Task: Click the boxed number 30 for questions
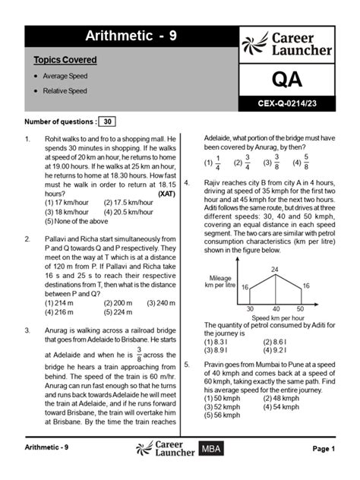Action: [108, 122]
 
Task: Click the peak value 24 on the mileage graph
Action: [274, 270]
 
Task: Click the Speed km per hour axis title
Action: [274, 317]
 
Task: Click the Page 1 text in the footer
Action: [322, 449]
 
